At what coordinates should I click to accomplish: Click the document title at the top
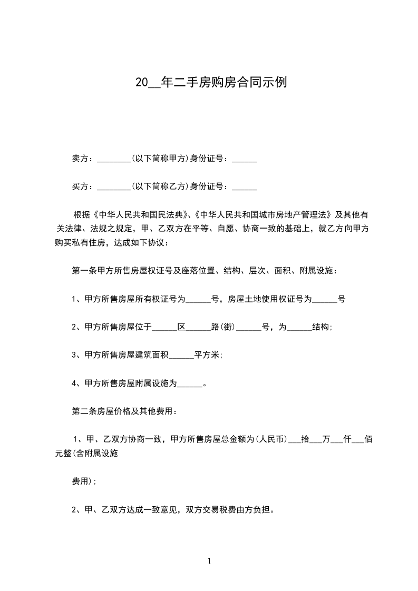[211, 83]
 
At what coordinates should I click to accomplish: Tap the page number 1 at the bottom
[209, 562]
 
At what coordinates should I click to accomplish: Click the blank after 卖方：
[114, 159]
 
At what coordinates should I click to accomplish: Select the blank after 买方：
[114, 186]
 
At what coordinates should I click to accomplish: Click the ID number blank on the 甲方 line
[244, 159]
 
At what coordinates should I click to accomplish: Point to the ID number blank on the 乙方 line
[244, 186]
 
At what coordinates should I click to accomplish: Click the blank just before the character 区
[164, 327]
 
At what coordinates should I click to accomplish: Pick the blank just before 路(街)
[198, 327]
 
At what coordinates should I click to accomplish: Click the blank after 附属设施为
[190, 383]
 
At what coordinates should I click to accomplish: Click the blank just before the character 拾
[294, 440]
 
